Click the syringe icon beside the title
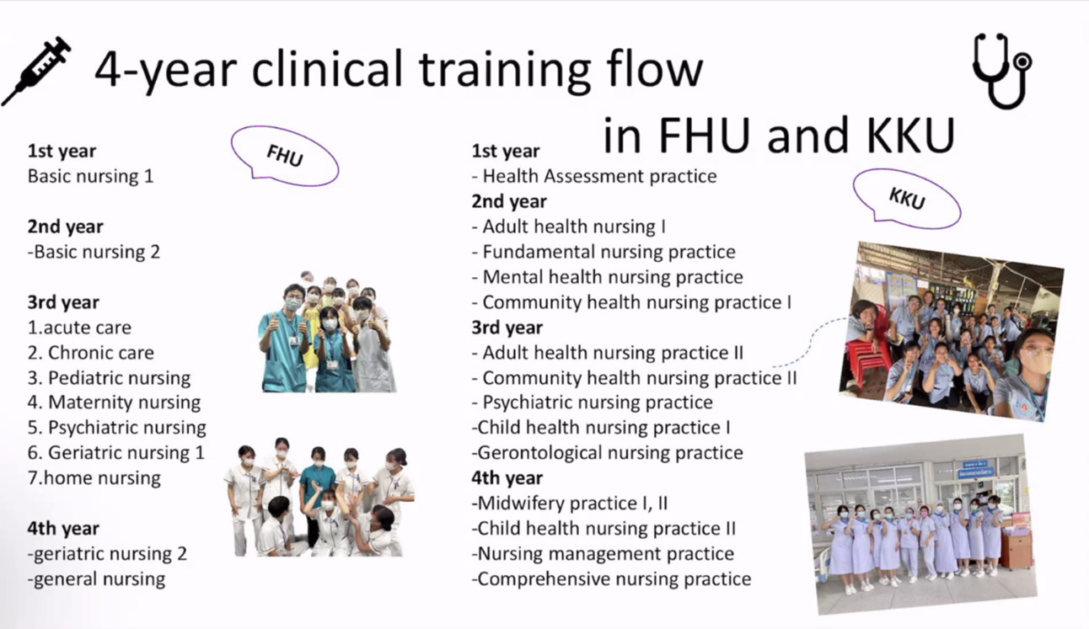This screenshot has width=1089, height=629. (x=36, y=71)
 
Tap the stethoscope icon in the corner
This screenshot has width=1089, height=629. (x=1002, y=71)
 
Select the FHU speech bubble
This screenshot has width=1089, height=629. (x=284, y=156)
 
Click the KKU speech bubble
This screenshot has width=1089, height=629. (x=907, y=198)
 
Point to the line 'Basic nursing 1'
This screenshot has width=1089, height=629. (x=90, y=176)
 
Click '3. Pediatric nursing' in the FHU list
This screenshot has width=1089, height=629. (x=110, y=378)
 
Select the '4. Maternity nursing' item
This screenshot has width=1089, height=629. (x=115, y=402)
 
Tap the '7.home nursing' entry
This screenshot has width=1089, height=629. (x=94, y=478)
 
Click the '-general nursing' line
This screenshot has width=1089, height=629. (x=97, y=579)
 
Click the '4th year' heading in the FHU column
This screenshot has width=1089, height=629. (x=63, y=529)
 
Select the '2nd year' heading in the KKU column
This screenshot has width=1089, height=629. (x=509, y=201)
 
